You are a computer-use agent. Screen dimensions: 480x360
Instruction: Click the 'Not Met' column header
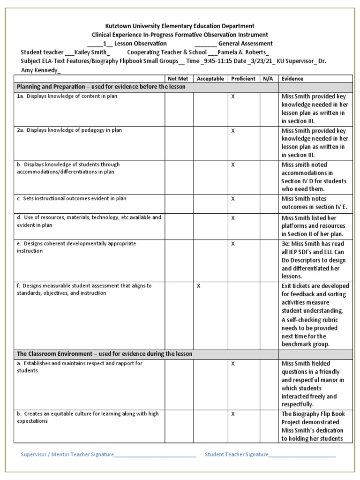tap(179, 79)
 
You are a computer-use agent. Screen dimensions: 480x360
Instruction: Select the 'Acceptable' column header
tap(210, 79)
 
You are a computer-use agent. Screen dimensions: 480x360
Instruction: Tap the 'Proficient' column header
tap(243, 79)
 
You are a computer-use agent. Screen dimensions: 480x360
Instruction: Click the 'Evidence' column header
tap(292, 79)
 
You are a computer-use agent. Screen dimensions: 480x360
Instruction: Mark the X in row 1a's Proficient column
tap(233, 97)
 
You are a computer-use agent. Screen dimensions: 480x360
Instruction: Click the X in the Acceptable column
tap(198, 286)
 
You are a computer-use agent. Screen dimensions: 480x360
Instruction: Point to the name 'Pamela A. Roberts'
tap(244, 52)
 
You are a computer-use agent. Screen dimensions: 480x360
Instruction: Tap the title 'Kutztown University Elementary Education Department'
tap(180, 26)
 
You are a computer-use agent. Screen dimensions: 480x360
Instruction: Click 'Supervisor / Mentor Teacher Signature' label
tap(67, 454)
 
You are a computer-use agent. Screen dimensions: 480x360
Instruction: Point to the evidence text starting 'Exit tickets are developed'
tap(315, 286)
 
